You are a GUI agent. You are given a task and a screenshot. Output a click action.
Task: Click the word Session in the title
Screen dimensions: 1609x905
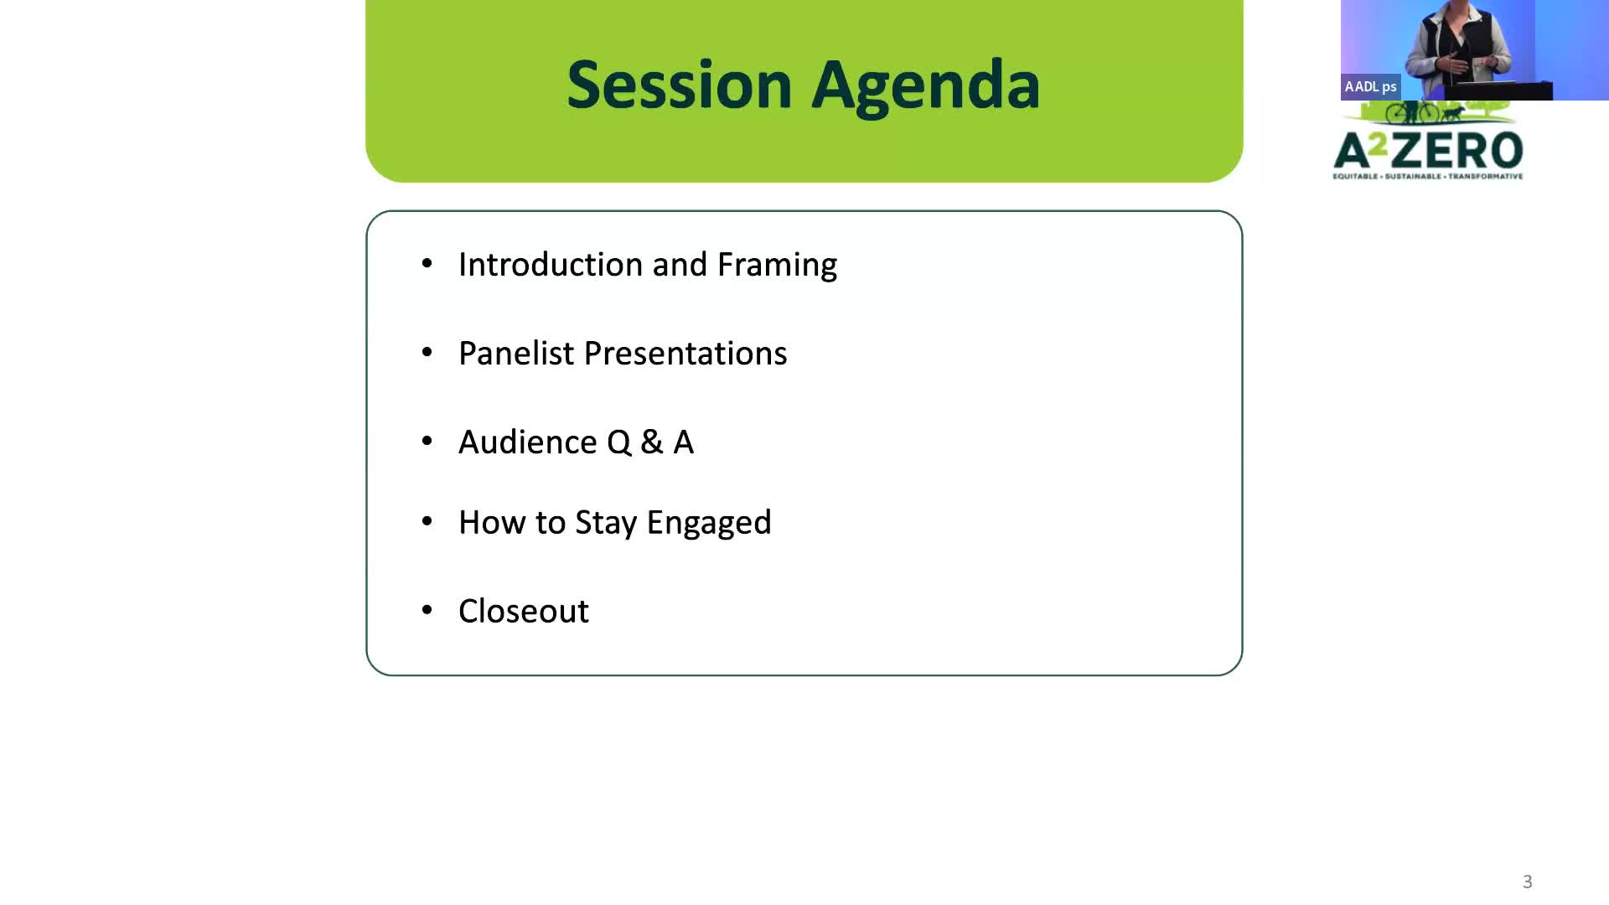point(680,85)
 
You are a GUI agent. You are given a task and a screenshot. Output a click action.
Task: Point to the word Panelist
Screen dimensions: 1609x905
point(516,354)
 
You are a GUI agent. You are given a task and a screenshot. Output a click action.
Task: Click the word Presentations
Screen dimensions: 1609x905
point(686,354)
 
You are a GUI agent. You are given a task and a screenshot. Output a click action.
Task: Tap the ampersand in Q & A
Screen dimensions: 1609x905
point(651,442)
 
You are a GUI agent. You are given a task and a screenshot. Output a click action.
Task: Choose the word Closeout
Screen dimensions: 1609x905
point(524,612)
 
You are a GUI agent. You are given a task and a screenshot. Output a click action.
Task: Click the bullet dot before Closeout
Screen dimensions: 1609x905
point(427,610)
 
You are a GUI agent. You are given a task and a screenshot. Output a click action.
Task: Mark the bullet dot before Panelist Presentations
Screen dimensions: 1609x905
point(427,352)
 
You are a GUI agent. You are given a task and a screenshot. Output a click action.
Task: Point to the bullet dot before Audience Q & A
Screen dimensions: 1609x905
point(427,441)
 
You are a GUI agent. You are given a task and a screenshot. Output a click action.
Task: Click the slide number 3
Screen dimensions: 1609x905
point(1528,882)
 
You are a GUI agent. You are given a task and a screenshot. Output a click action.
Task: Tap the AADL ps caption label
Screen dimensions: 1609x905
point(1370,86)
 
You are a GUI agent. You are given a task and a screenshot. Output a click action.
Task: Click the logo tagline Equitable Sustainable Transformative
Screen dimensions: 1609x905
point(1428,176)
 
